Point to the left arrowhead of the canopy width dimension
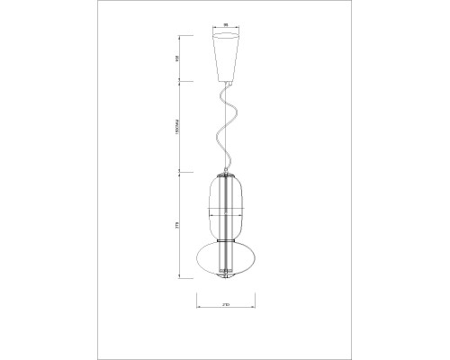point(213,32)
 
